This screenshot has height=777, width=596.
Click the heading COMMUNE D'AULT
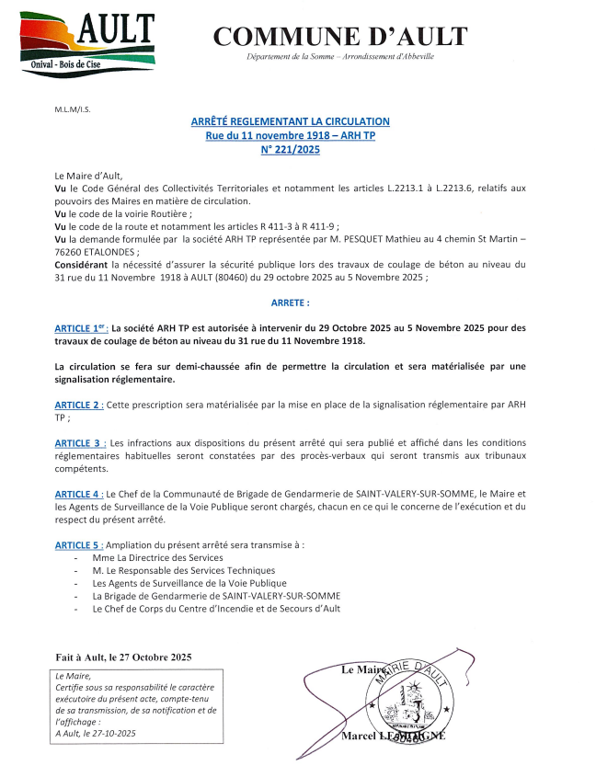340,36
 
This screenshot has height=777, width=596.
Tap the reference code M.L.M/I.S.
73,109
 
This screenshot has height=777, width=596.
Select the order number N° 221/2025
291,149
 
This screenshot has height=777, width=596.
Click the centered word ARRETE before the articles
291,302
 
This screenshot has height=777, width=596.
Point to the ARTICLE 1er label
81,328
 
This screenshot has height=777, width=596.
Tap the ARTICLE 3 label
80,442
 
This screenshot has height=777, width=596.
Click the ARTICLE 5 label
79,544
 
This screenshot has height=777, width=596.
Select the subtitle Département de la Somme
340,57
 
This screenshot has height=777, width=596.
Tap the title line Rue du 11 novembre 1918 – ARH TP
291,135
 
